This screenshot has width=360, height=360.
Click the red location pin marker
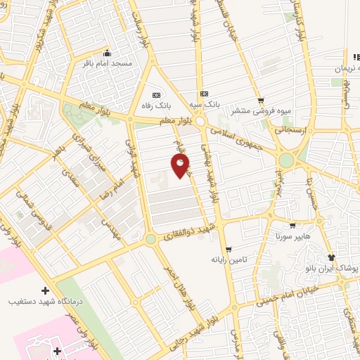pos(181,166)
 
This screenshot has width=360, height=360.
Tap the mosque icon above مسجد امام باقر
pos(106,53)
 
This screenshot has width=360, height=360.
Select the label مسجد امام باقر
pos(106,63)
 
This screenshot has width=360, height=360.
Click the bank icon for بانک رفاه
pos(156,95)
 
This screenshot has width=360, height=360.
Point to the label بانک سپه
pos(204,103)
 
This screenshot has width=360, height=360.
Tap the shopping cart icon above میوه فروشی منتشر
pos(261,100)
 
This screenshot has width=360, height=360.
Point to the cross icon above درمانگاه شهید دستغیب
pos(46,290)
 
